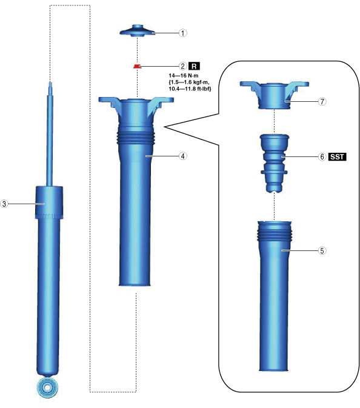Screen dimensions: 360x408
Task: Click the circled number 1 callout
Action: [x=183, y=33]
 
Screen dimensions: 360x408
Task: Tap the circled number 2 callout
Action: [x=183, y=66]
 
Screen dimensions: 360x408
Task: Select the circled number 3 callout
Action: [x=4, y=204]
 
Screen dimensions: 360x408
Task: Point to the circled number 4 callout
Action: [x=183, y=156]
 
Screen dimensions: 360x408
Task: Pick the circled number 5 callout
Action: [x=322, y=250]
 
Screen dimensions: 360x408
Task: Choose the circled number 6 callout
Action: [x=322, y=156]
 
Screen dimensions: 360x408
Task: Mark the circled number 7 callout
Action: [x=322, y=101]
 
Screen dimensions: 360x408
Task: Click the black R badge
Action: [x=194, y=66]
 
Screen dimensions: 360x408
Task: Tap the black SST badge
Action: [x=338, y=156]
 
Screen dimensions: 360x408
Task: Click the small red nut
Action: [x=137, y=66]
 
